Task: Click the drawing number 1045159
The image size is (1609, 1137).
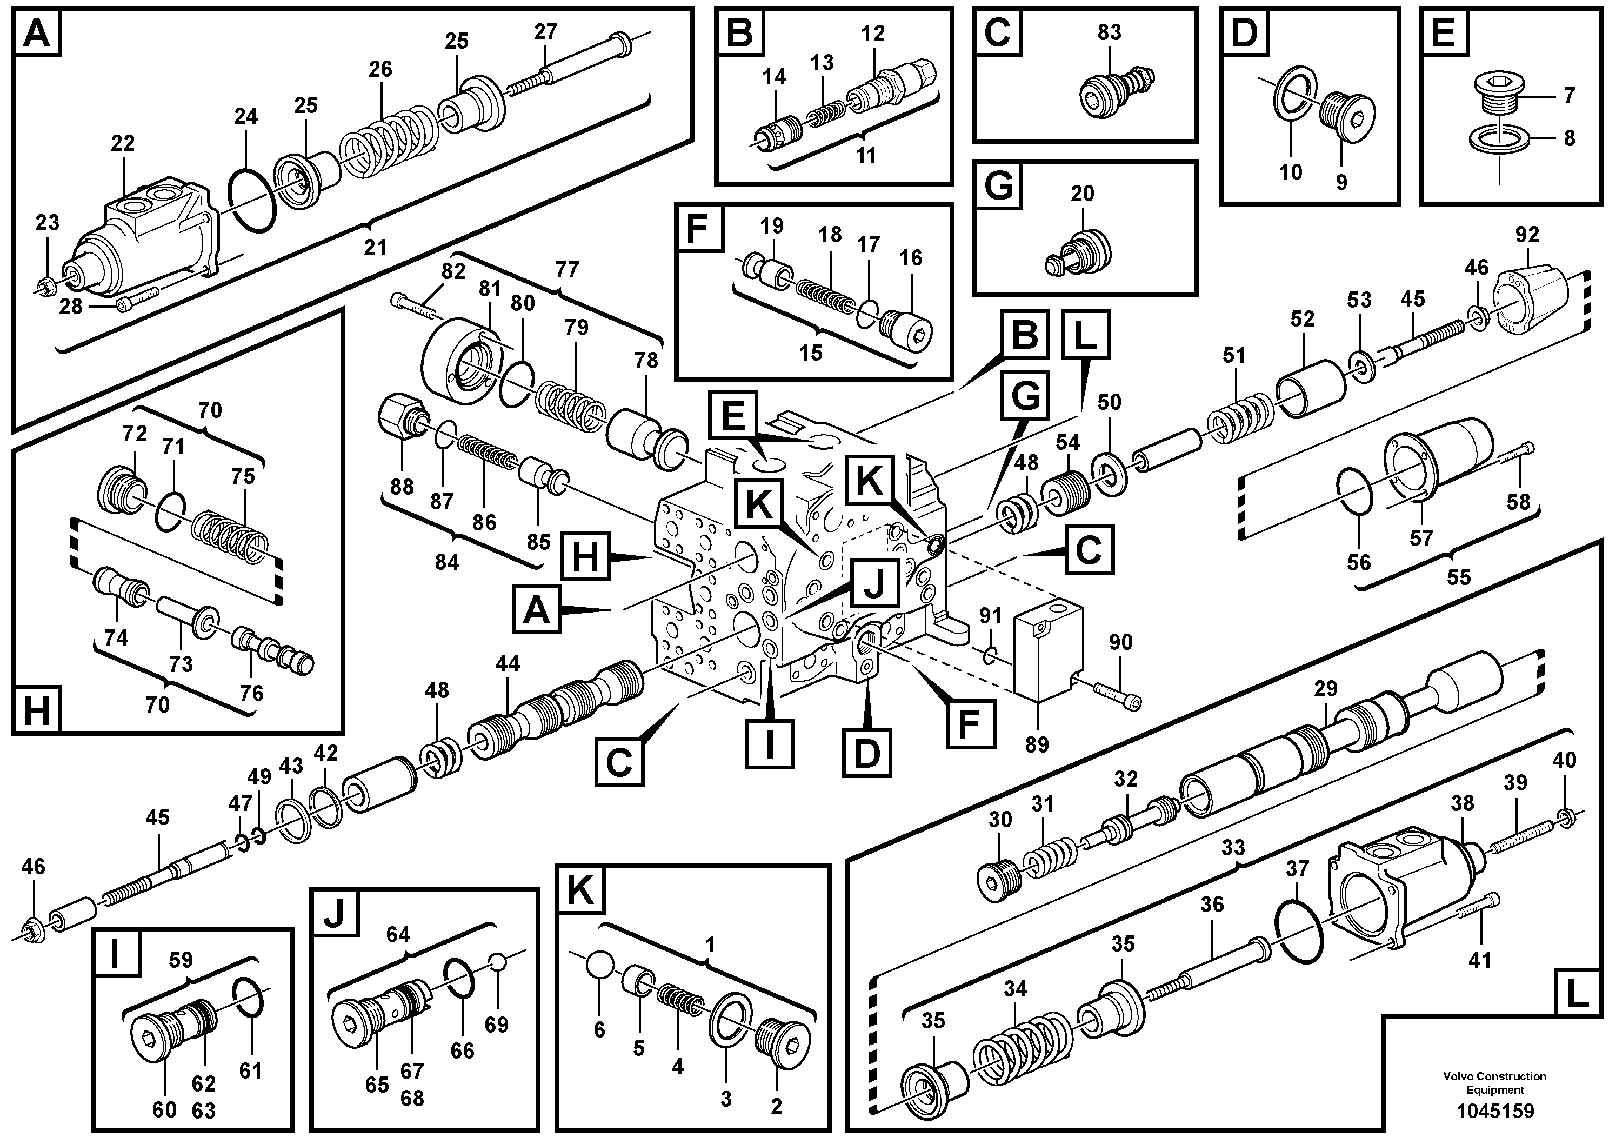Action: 1494,1111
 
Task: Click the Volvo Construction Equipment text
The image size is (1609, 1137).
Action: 1494,1082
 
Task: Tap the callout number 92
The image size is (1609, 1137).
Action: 1527,235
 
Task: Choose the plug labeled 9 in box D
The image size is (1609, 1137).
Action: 1345,119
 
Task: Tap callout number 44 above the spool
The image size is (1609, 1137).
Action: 508,663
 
